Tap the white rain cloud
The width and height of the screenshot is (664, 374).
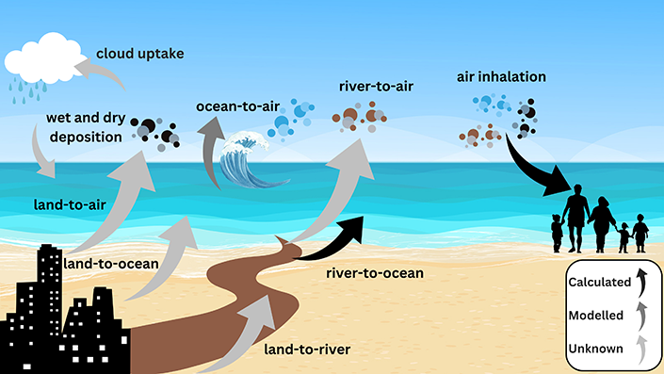(x=40, y=59)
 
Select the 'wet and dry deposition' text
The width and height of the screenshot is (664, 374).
(x=84, y=129)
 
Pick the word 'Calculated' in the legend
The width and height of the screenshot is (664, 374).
(x=601, y=280)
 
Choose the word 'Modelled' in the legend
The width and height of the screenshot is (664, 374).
(x=598, y=315)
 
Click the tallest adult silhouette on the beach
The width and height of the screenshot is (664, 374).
(x=575, y=214)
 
